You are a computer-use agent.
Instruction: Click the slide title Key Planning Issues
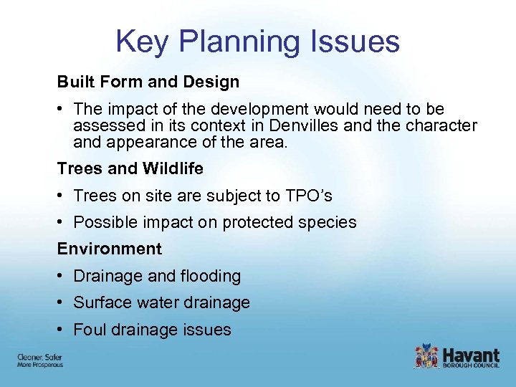tap(257, 42)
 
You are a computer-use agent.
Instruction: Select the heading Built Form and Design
tap(148, 82)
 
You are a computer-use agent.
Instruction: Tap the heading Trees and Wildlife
tap(130, 169)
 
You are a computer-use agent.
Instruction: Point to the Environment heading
tap(110, 249)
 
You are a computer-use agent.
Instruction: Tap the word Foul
tap(89, 330)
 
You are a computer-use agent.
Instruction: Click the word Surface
tap(101, 302)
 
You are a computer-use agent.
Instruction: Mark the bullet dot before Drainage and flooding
tap(62, 276)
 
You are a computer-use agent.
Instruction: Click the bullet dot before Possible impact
tap(62, 222)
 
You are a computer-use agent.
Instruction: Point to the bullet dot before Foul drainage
tap(62, 330)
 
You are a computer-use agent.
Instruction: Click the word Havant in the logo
tap(471, 353)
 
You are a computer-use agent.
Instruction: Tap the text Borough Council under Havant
tap(471, 365)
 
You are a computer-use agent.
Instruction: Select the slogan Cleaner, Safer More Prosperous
tap(40, 360)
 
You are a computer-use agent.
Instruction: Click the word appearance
tap(151, 142)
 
